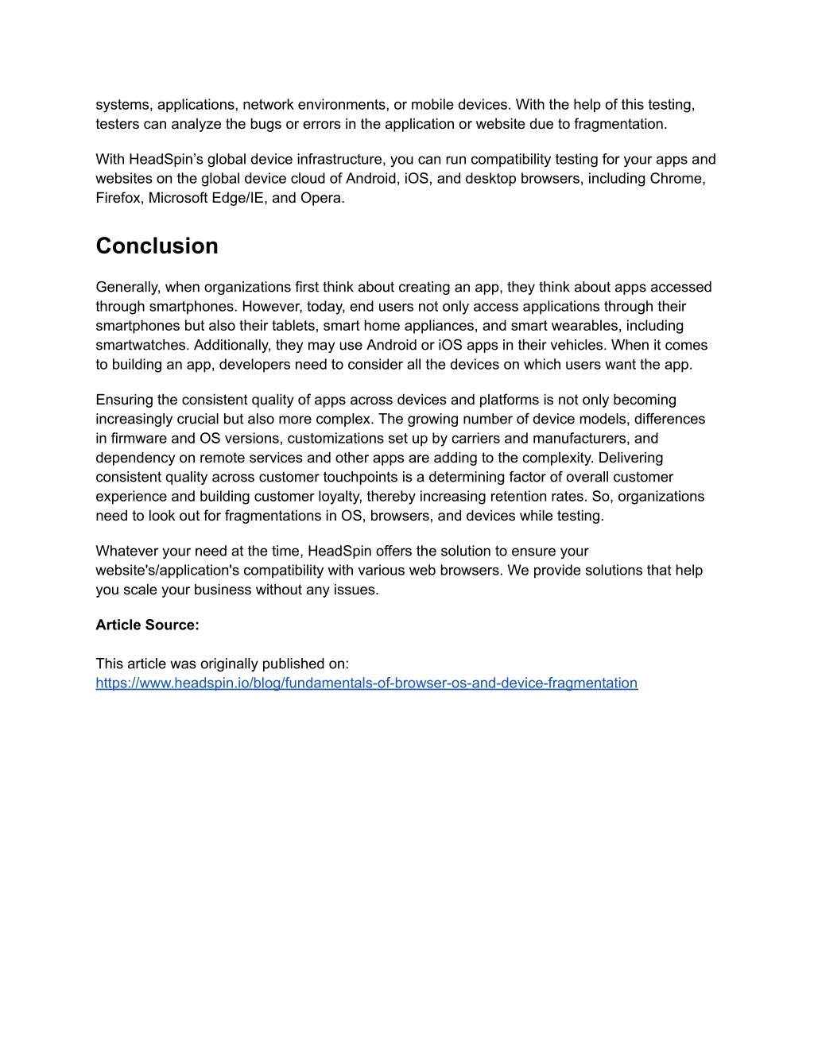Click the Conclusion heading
tap(157, 246)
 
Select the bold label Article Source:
tap(147, 625)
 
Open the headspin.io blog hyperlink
tap(366, 683)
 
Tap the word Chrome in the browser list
tap(676, 179)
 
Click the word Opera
tap(321, 198)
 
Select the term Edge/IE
tap(239, 198)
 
